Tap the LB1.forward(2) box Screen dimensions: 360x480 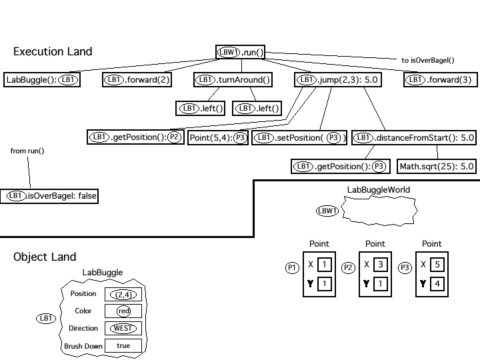click(137, 80)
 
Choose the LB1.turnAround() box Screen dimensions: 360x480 click(233, 80)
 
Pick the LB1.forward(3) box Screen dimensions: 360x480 click(440, 80)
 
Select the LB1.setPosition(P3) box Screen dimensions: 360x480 click(300, 138)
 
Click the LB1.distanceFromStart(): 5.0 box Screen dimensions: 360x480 click(413, 138)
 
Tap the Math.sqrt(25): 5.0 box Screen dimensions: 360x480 click(437, 166)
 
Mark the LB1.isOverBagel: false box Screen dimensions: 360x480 click(50, 196)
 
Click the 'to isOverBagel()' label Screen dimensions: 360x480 click(427, 60)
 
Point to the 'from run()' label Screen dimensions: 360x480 click(27, 151)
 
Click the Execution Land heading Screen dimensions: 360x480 click(53, 52)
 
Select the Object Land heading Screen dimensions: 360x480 click(45, 257)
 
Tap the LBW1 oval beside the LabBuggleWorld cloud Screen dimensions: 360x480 click(327, 211)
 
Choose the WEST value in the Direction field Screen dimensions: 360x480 click(123, 328)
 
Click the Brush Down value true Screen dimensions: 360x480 click(123, 345)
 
